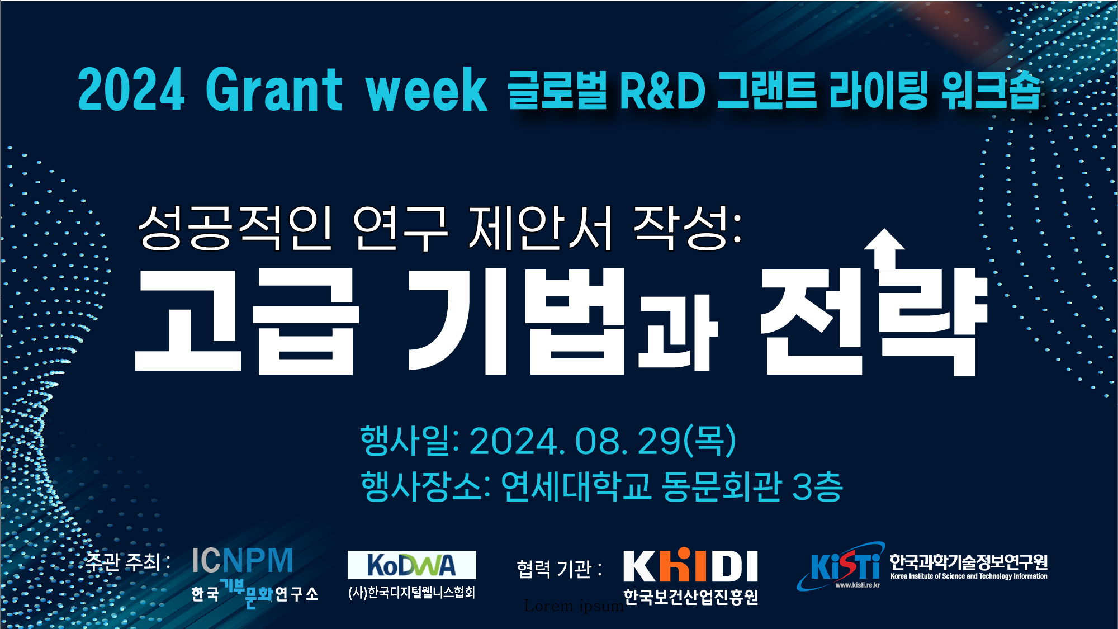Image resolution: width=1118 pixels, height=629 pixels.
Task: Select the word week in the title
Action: (x=427, y=89)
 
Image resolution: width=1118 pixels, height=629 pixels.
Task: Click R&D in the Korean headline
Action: (x=662, y=90)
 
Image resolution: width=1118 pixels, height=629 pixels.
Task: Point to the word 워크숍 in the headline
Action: (x=990, y=90)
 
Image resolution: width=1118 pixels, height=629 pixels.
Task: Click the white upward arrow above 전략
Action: (x=884, y=248)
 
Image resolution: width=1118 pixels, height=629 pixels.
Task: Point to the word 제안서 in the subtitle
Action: (x=541, y=228)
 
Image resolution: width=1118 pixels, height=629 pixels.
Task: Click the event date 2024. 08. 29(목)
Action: (x=603, y=441)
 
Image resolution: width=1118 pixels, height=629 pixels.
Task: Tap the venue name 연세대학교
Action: (x=576, y=486)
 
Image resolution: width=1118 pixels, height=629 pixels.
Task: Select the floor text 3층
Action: (x=817, y=486)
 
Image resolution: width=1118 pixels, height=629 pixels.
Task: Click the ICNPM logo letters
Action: (x=242, y=560)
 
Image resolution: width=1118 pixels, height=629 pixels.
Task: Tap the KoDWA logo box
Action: (x=412, y=565)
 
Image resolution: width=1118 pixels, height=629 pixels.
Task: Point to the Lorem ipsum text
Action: (x=574, y=606)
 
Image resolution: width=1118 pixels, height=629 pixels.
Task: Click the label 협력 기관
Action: (x=554, y=569)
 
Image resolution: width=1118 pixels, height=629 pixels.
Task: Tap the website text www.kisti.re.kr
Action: (x=858, y=585)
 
